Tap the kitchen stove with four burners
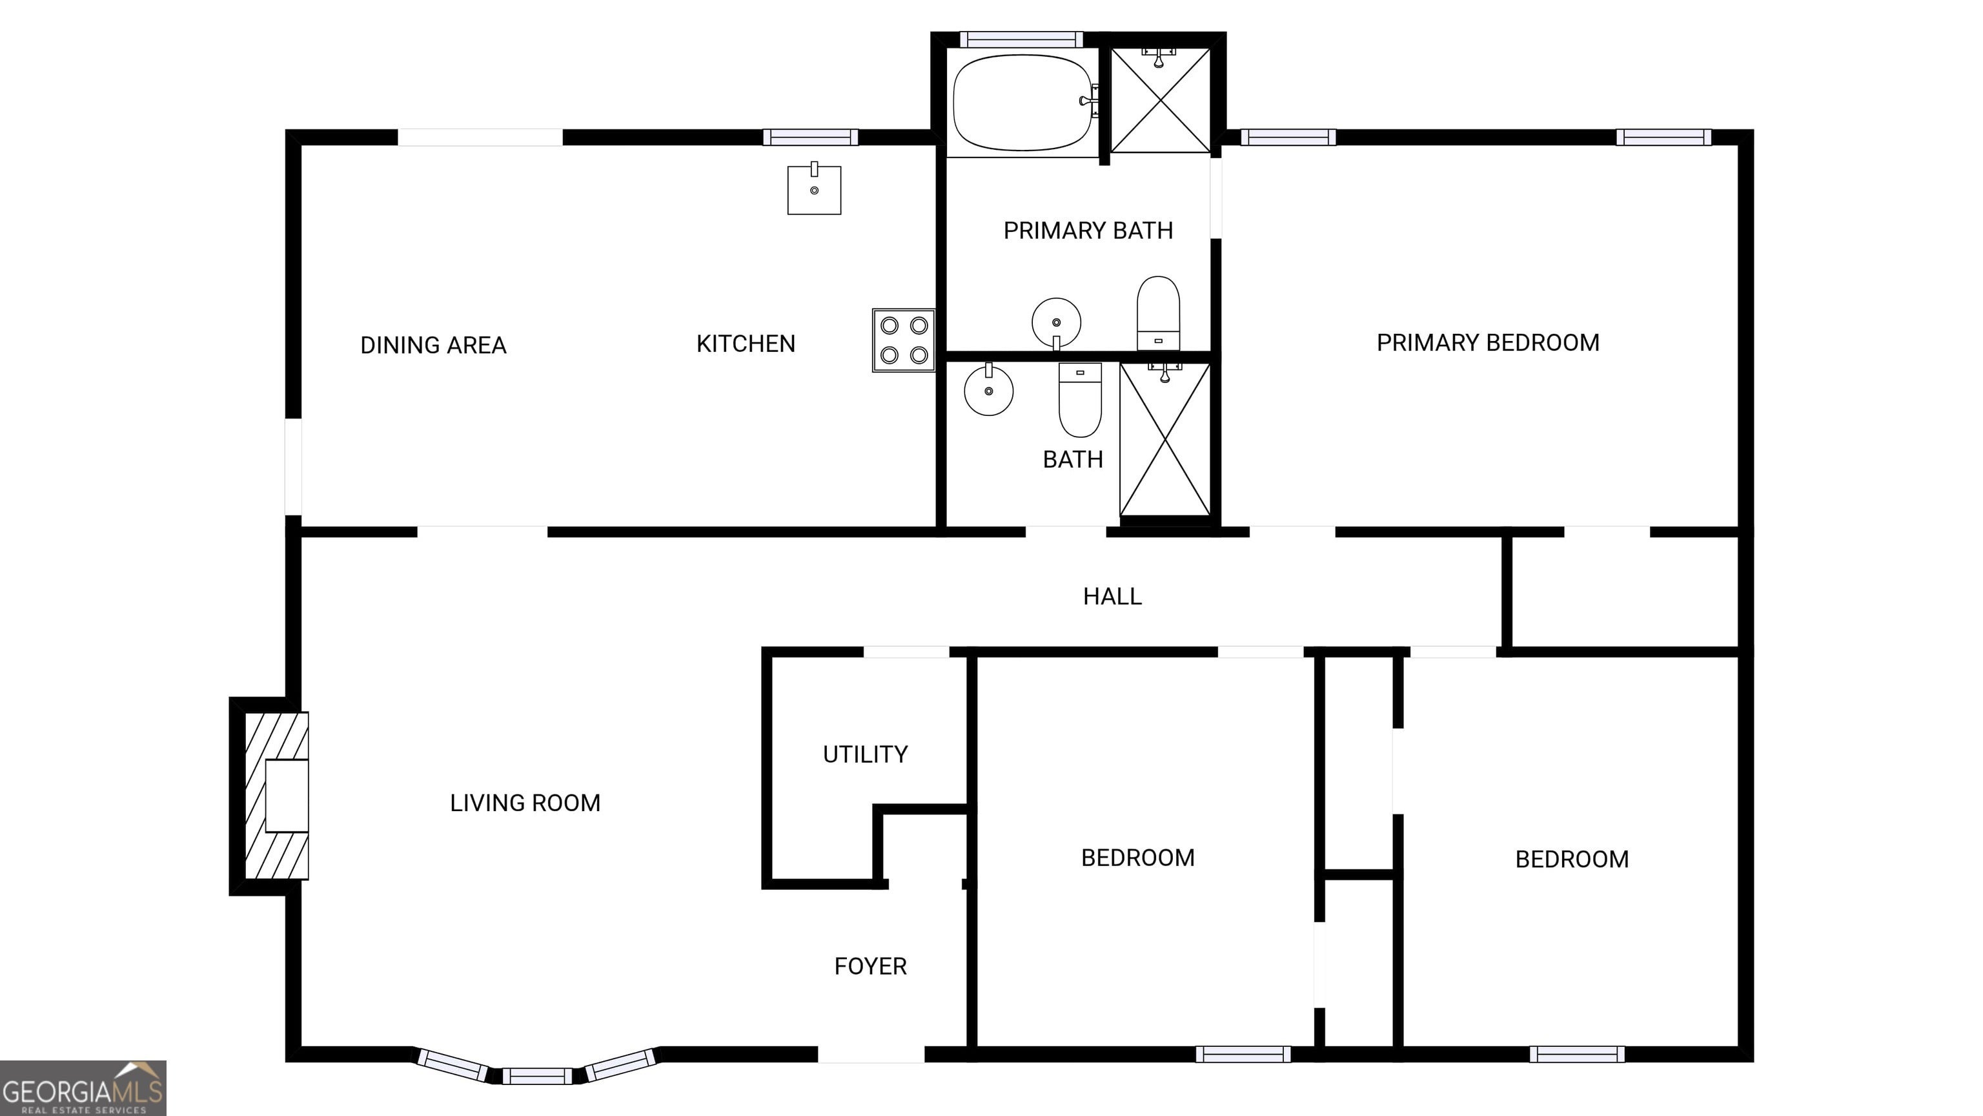(904, 340)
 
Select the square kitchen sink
(815, 189)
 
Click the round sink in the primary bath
(1056, 324)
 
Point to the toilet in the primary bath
(1158, 313)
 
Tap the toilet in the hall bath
(1080, 400)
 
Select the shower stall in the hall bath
(1164, 439)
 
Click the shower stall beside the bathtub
(1160, 100)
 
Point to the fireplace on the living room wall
(276, 796)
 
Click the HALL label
(1112, 596)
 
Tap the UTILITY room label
(865, 754)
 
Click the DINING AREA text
(433, 345)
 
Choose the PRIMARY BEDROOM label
(1488, 343)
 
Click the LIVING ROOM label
(525, 803)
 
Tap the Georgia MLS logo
(83, 1088)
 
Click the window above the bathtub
(1021, 39)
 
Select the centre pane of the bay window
(537, 1076)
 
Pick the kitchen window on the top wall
(811, 137)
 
